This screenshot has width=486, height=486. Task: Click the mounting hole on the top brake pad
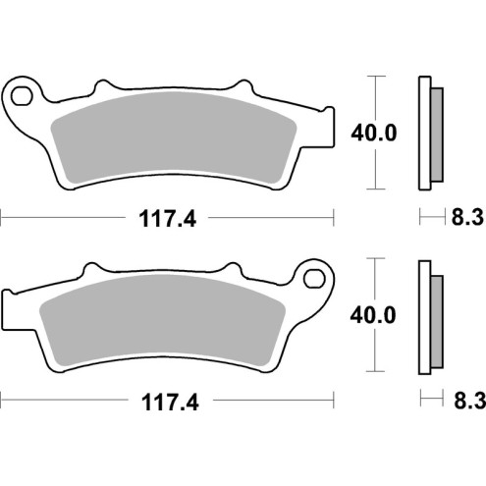(x=24, y=95)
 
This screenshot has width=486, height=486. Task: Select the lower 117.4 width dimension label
(x=165, y=402)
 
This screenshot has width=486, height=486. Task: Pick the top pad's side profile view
(x=427, y=132)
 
